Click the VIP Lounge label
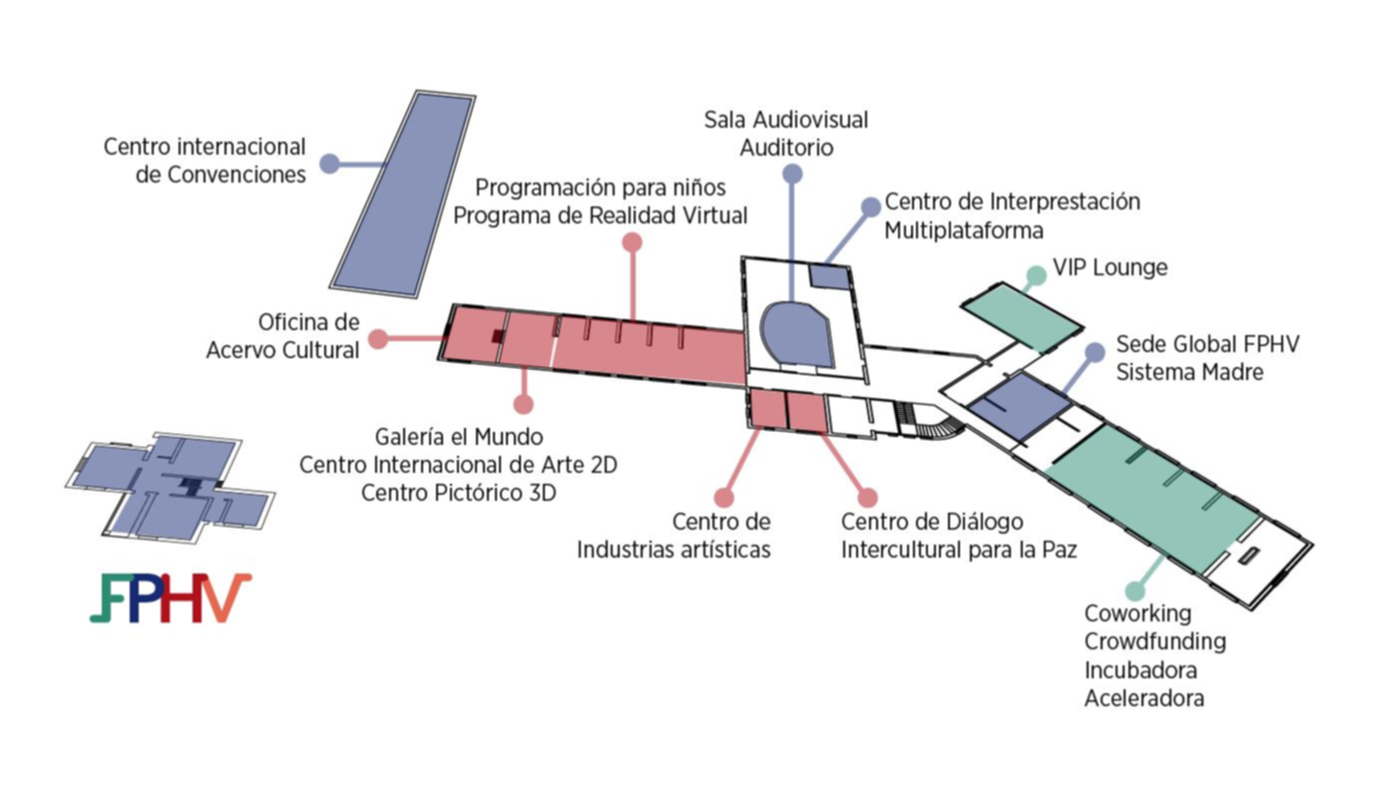click(1110, 268)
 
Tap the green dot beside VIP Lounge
click(1036, 275)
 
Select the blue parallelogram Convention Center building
click(402, 193)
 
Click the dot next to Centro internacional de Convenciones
click(329, 165)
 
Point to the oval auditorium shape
click(796, 333)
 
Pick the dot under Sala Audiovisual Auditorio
click(792, 175)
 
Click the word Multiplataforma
click(964, 230)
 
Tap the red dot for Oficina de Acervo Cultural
click(378, 339)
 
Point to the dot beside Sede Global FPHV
click(1095, 352)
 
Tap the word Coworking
click(1138, 613)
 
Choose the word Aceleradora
click(1144, 698)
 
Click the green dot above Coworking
click(1134, 592)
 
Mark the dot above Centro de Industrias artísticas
click(724, 497)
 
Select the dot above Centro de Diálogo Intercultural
click(867, 497)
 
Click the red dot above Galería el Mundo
click(523, 404)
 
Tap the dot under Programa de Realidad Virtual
click(632, 242)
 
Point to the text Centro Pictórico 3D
click(458, 492)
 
